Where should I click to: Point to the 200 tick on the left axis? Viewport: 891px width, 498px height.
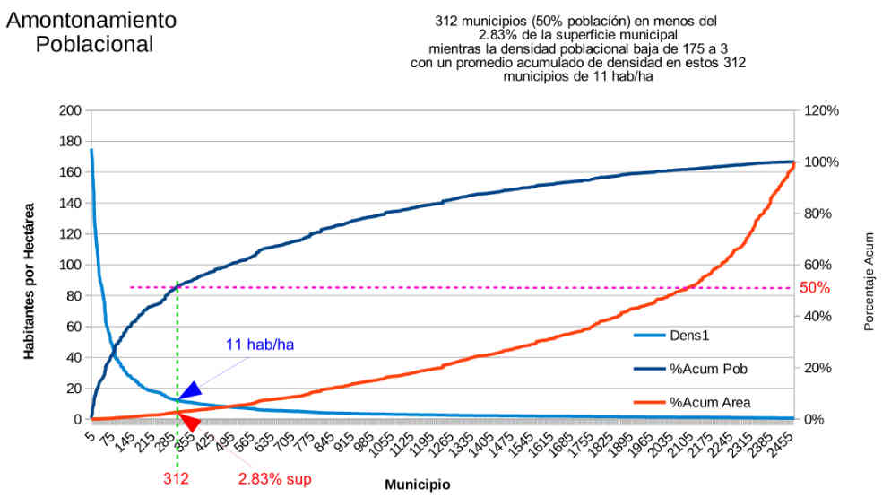coord(70,110)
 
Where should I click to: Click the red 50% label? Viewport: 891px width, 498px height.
coord(815,288)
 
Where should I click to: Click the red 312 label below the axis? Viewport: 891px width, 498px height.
coord(177,478)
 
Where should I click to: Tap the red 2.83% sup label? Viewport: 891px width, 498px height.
coord(274,478)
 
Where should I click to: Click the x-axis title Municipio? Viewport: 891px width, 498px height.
coord(418,485)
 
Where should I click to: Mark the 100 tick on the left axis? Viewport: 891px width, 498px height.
coord(70,265)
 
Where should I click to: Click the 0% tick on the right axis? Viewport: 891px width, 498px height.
coord(814,419)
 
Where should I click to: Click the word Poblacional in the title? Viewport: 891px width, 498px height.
coord(94,43)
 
